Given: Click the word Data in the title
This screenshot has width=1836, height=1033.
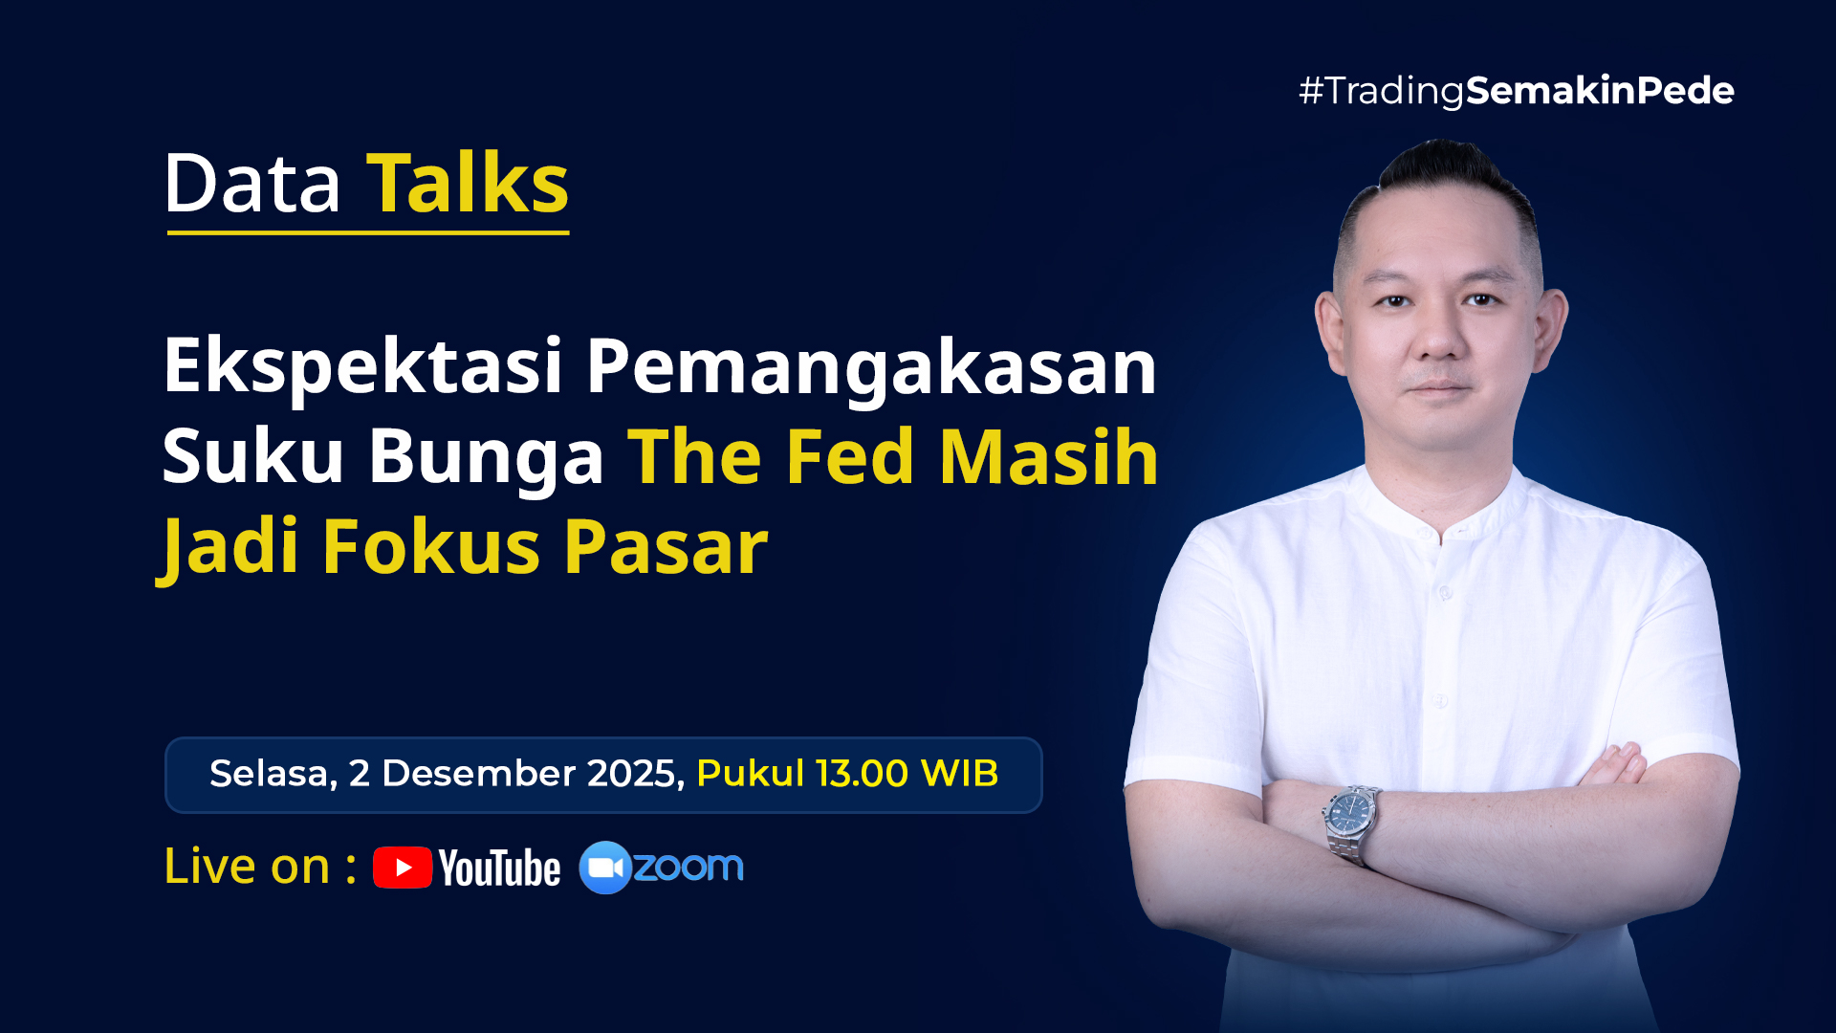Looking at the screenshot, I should pos(252,184).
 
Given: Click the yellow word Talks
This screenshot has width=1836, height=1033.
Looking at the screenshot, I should pos(468,184).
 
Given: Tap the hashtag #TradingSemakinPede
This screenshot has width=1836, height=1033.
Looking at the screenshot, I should pos(1516,91).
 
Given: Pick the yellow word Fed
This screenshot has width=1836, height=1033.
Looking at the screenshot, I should pos(849,456).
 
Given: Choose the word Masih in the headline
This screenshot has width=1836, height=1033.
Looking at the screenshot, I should pos(1049,456).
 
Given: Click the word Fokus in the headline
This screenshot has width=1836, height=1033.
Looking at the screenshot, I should pos(431,546).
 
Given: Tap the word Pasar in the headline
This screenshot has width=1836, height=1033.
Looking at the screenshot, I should pos(666,547).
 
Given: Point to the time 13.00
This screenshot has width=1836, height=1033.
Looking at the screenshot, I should pos(862,774).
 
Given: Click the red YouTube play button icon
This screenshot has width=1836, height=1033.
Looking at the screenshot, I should pos(403,868).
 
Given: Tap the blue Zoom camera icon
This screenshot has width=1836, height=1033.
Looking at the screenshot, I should pos(604,868).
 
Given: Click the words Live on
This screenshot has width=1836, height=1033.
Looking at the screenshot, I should pos(247,867).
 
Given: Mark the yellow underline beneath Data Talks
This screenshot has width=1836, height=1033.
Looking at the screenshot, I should pos(368,232).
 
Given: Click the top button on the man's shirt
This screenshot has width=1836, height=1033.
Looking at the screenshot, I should pos(1446,593).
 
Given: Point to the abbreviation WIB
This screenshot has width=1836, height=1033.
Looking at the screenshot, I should pos(959,774).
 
